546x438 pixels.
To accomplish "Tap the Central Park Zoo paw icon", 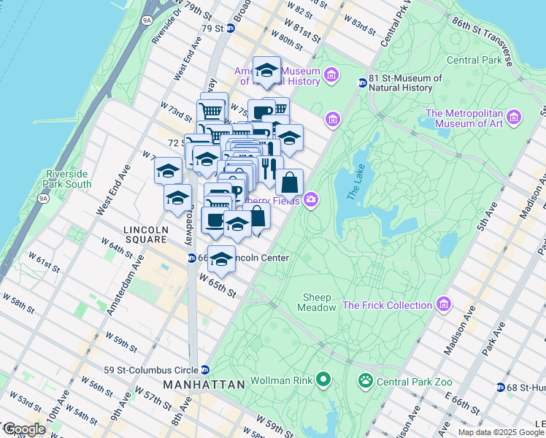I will (364, 380).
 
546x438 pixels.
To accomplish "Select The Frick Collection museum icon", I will (442, 304).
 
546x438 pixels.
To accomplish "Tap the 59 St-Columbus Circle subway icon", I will (206, 369).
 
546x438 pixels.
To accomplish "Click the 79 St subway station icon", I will (231, 28).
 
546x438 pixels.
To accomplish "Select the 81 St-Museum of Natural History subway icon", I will (362, 82).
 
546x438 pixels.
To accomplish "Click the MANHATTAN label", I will (202, 384).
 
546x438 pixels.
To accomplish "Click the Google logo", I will (24, 430).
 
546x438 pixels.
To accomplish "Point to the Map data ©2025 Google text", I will (500, 432).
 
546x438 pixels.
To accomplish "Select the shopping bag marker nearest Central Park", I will (289, 182).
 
